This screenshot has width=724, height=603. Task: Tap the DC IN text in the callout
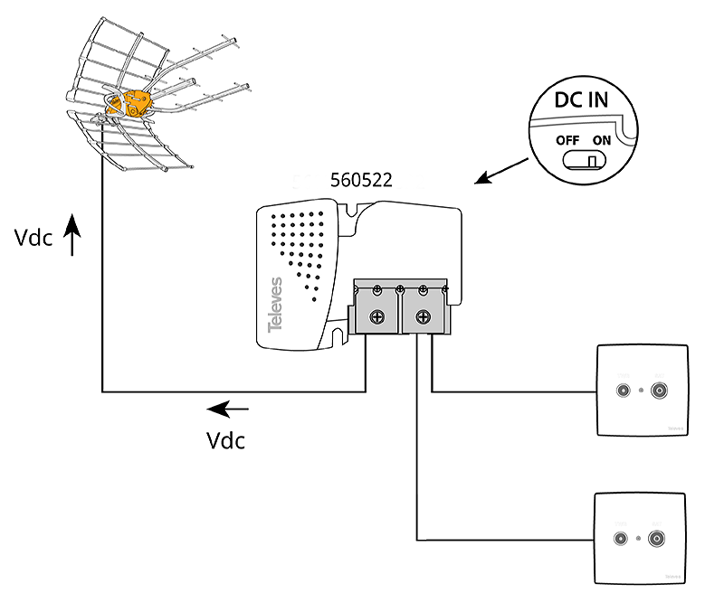581,100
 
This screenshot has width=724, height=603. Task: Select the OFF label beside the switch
567,141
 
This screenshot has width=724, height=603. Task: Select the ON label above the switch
603,141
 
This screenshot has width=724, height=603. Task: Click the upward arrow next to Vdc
73,240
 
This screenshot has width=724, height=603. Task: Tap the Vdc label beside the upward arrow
34,239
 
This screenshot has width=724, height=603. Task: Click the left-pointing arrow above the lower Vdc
227,410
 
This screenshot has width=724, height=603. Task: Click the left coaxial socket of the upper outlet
622,391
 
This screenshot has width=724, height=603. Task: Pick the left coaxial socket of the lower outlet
621,539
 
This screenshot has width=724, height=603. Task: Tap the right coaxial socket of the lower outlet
656,539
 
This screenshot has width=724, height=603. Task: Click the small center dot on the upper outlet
640,391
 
